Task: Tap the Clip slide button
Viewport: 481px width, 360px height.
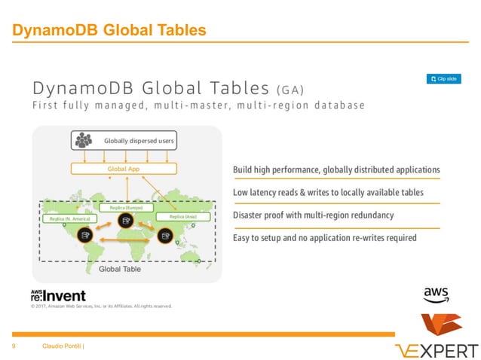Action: click(443, 78)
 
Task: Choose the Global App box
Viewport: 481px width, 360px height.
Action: click(124, 169)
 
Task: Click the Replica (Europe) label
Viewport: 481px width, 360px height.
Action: click(127, 206)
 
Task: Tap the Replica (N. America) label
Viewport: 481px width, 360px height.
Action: click(66, 218)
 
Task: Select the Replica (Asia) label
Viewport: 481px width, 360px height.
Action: click(182, 216)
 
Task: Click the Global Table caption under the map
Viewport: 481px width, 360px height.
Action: click(120, 268)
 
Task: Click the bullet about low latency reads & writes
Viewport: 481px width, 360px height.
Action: click(328, 193)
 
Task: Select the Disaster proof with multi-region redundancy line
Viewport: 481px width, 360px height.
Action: click(313, 215)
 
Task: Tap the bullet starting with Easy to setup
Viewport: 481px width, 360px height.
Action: click(324, 238)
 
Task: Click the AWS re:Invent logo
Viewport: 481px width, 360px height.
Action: click(58, 294)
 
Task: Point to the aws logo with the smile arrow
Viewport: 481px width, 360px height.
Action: click(436, 294)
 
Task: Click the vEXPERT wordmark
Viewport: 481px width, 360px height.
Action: click(437, 350)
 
